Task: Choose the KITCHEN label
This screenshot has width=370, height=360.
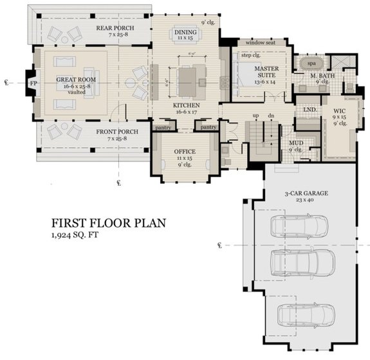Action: pos(186,105)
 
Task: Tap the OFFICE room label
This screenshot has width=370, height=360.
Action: pos(184,152)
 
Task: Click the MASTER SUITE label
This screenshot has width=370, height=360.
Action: pos(264,69)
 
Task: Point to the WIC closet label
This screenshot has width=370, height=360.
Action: pos(339,111)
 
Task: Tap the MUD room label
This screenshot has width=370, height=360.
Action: pos(296,143)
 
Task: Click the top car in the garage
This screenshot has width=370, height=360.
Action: pos(299,226)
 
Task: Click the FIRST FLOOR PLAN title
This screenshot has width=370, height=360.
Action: pos(109,223)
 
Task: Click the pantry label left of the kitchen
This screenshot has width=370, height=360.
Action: pos(163,127)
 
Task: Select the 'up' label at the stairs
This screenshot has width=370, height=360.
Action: pos(256,116)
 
